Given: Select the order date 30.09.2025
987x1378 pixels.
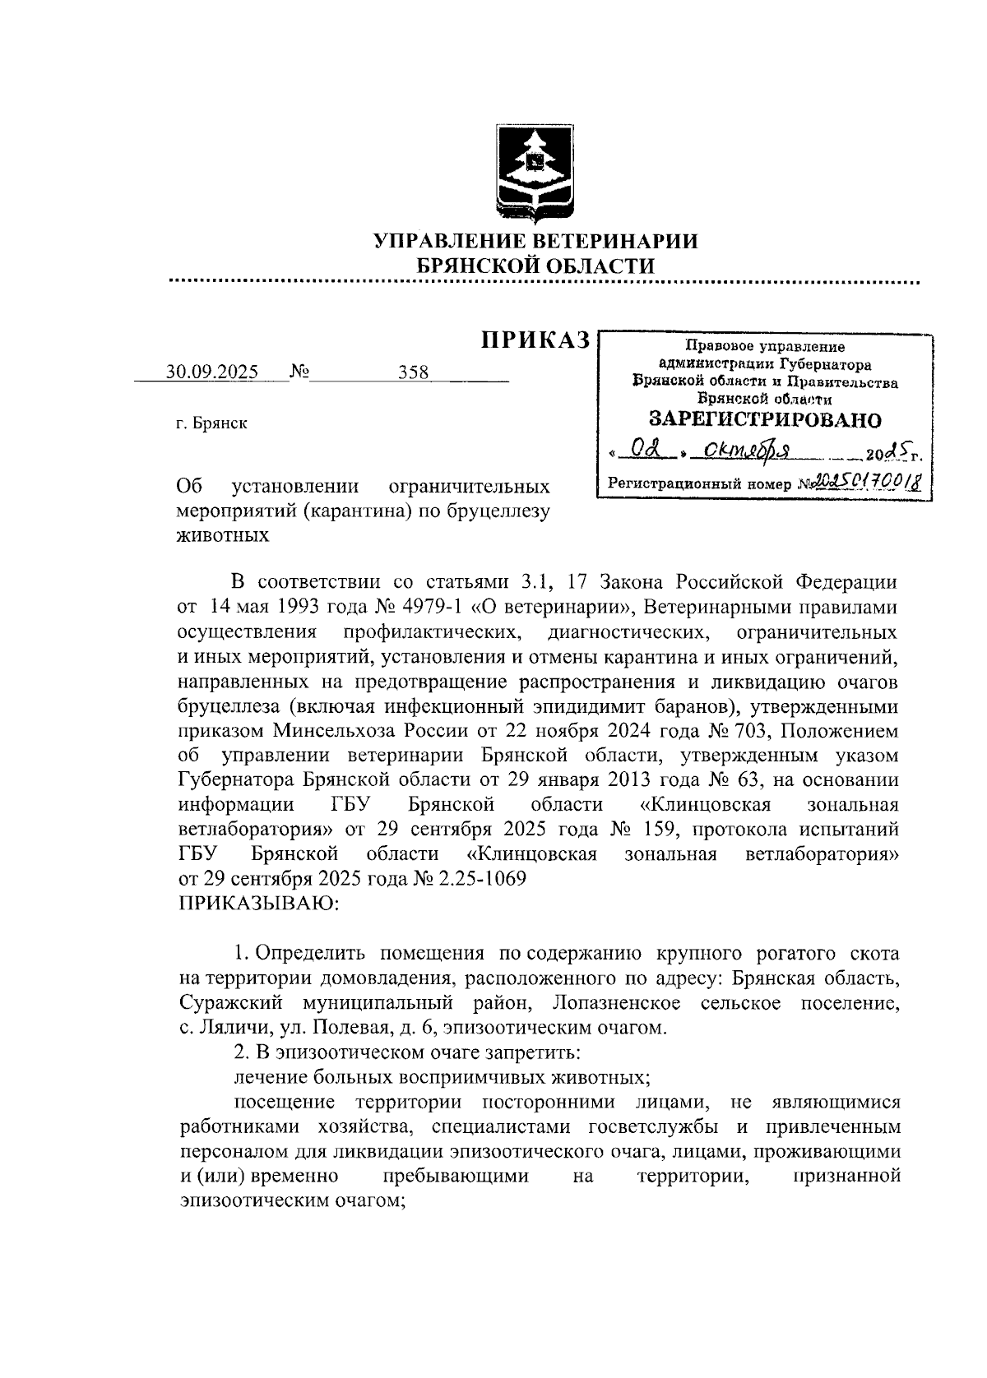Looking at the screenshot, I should (x=212, y=372).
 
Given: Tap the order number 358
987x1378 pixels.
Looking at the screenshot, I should (x=414, y=372).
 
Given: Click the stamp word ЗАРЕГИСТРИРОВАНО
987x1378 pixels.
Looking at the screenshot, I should (x=765, y=419).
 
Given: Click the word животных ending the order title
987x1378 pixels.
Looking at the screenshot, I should (x=224, y=535).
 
